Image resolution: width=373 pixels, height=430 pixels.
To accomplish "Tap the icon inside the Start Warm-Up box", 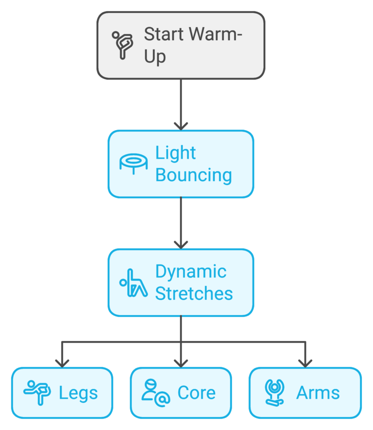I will click(122, 45).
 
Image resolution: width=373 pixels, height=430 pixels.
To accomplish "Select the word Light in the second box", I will click(175, 153).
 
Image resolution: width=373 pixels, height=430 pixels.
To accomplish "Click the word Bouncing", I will click(193, 175).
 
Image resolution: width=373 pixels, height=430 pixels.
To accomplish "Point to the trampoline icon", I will click(134, 164).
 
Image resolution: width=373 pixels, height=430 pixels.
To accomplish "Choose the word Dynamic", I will click(190, 272).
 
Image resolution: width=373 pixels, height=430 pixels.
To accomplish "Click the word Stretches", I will click(193, 294).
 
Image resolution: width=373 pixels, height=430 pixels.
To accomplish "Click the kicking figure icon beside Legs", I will click(37, 392).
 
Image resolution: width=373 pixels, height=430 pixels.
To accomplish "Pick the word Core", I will click(196, 393).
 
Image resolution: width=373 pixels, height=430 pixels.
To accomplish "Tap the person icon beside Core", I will click(155, 392).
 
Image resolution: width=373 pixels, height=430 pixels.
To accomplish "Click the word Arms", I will click(318, 393).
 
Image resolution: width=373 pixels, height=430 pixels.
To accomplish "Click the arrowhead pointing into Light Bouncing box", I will click(181, 125).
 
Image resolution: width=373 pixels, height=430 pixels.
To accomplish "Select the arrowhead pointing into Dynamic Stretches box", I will click(181, 244).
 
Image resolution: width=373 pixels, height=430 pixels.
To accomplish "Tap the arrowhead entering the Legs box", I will click(62, 363).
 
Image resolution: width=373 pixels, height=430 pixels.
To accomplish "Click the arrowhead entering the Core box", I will click(181, 363).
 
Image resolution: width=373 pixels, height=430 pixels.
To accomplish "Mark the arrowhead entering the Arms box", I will click(305, 363).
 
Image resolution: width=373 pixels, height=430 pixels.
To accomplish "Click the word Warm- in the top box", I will click(216, 35).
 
